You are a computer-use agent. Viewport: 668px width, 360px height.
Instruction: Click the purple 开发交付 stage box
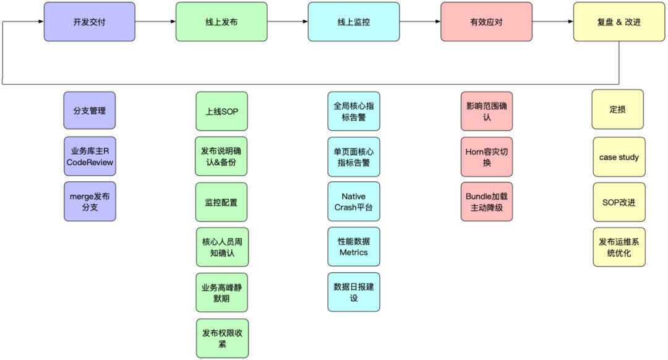pyautogui.click(x=89, y=22)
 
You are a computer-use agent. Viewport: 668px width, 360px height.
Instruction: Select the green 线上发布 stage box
pyautogui.click(x=221, y=22)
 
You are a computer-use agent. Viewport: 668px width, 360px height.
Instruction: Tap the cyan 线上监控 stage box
pyautogui.click(x=354, y=22)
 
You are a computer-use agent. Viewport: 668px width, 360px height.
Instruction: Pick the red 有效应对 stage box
pyautogui.click(x=486, y=22)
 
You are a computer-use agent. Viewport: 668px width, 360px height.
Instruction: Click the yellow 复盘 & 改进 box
pyautogui.click(x=619, y=22)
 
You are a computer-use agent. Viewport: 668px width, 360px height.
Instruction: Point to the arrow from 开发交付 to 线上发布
pyautogui.click(x=155, y=22)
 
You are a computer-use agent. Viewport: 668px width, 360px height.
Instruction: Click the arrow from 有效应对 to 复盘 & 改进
pyautogui.click(x=552, y=22)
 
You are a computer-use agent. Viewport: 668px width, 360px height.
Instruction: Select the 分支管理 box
pyautogui.click(x=89, y=111)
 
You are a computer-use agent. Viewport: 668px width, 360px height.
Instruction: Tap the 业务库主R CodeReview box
pyautogui.click(x=89, y=156)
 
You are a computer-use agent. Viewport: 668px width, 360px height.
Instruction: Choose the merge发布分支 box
pyautogui.click(x=89, y=202)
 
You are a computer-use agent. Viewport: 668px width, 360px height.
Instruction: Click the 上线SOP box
pyautogui.click(x=221, y=112)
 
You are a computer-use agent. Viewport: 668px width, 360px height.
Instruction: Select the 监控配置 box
pyautogui.click(x=221, y=202)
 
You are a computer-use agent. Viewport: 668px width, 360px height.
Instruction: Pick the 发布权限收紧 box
pyautogui.click(x=221, y=338)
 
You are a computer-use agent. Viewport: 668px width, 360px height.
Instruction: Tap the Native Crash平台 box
pyautogui.click(x=354, y=202)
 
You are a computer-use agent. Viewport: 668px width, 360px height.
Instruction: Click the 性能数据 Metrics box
pyautogui.click(x=354, y=247)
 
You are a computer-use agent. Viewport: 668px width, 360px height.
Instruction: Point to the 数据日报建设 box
pyautogui.click(x=354, y=292)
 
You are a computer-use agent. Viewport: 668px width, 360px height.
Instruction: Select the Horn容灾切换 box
pyautogui.click(x=487, y=156)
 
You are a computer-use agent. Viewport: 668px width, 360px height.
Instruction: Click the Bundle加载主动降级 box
pyautogui.click(x=487, y=202)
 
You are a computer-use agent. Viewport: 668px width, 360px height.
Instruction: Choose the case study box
pyautogui.click(x=619, y=157)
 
